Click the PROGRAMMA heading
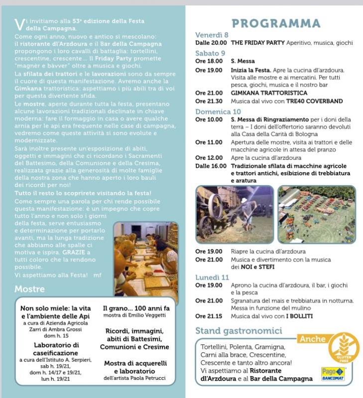point(276,23)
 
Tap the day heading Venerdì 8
point(212,35)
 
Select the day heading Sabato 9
point(210,53)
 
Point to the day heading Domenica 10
point(218,111)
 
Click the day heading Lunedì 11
point(212,277)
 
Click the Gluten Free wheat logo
point(343,348)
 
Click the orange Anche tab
point(312,339)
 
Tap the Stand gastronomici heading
point(239,330)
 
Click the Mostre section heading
point(29,289)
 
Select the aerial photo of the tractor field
point(317,214)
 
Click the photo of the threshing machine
point(234,214)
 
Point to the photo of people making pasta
point(145,259)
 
